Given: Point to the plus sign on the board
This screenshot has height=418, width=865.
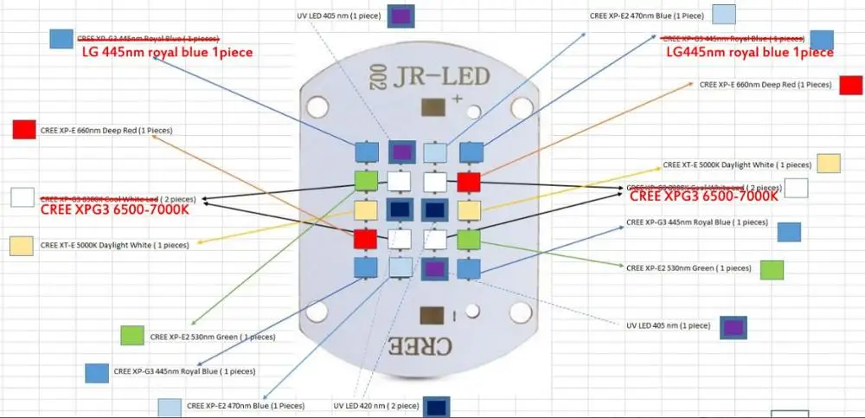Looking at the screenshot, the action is pyautogui.click(x=457, y=100).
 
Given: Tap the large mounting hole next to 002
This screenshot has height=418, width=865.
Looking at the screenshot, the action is pyautogui.click(x=317, y=107).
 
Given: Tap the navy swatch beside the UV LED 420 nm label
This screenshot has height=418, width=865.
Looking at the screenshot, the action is pyautogui.click(x=435, y=407).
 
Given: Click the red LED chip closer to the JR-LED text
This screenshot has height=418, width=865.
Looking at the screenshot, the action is pyautogui.click(x=468, y=182).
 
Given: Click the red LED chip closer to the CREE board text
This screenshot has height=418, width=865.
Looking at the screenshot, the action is pyautogui.click(x=364, y=238).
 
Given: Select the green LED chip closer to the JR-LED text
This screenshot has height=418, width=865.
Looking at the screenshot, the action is pyautogui.click(x=366, y=182).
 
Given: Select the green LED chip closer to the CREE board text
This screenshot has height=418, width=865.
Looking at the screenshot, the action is pyautogui.click(x=467, y=238).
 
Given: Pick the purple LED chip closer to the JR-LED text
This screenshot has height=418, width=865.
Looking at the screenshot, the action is pyautogui.click(x=400, y=151).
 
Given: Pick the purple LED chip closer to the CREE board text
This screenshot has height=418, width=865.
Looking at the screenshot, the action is pyautogui.click(x=434, y=268).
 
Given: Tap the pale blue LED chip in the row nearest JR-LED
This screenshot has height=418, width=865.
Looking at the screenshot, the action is pyautogui.click(x=434, y=152).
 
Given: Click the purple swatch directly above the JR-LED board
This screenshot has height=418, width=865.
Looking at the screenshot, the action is pyautogui.click(x=400, y=16).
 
